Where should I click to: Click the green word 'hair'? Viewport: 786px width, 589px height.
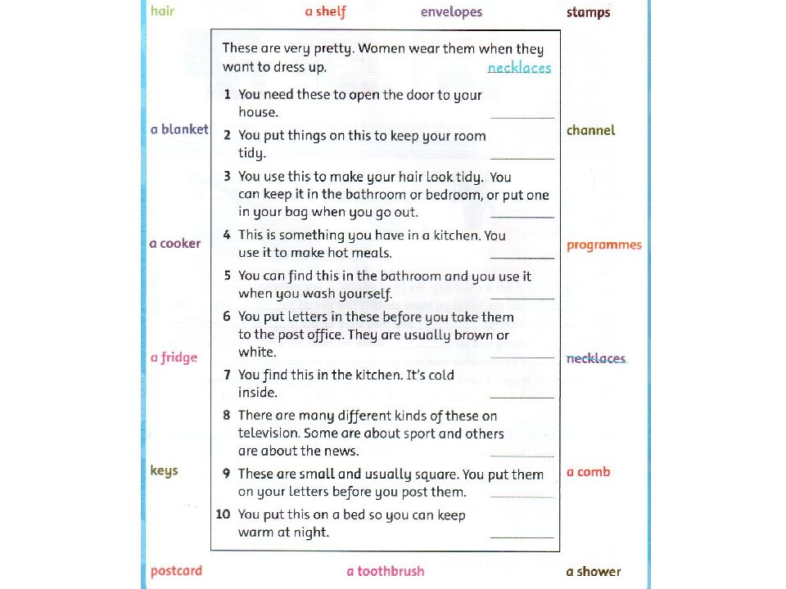pyautogui.click(x=162, y=12)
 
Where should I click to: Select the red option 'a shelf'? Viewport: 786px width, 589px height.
pyautogui.click(x=325, y=12)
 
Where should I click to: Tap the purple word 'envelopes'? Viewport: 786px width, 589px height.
pyautogui.click(x=451, y=12)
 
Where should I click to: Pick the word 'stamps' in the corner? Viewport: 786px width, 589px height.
pyautogui.click(x=588, y=12)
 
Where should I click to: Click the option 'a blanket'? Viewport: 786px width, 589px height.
pyautogui.click(x=179, y=130)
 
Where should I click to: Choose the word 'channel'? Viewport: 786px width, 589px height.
pyautogui.click(x=590, y=130)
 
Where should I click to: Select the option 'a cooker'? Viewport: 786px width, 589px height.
pyautogui.click(x=174, y=244)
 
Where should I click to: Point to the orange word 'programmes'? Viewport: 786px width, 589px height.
pyautogui.click(x=604, y=245)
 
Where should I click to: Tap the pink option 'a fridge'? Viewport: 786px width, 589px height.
pyautogui.click(x=174, y=357)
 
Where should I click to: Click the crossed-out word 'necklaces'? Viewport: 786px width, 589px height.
pyautogui.click(x=595, y=358)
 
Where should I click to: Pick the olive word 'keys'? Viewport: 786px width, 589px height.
pyautogui.click(x=164, y=471)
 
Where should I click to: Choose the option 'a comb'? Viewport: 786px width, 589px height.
pyautogui.click(x=588, y=472)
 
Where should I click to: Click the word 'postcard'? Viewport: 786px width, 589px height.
pyautogui.click(x=176, y=571)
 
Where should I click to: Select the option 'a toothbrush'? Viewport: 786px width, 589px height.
pyautogui.click(x=385, y=571)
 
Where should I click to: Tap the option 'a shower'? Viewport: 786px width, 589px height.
pyautogui.click(x=593, y=571)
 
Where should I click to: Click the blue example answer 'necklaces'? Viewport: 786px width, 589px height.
pyautogui.click(x=519, y=68)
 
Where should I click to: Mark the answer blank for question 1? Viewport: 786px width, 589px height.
pyautogui.click(x=522, y=116)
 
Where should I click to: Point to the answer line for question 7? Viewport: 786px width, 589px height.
pyautogui.click(x=522, y=396)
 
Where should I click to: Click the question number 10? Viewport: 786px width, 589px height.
pyautogui.click(x=223, y=515)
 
